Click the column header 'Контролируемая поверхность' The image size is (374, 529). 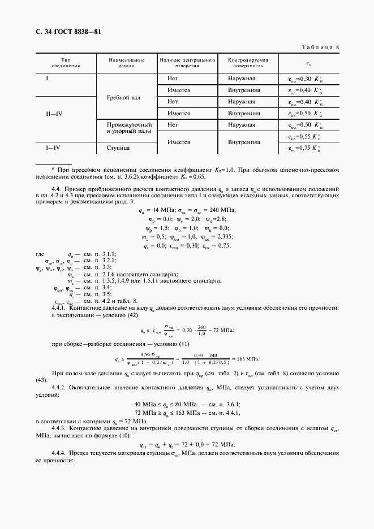[x=248, y=62]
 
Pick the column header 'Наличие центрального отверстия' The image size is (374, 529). [x=188, y=62]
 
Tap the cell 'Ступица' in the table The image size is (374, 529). [x=118, y=148]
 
